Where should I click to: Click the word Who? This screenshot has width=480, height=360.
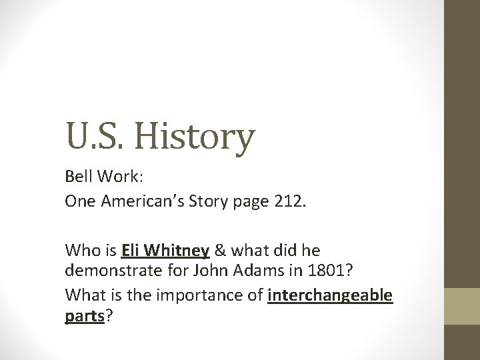(80, 252)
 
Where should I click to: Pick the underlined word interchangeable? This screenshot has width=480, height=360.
(330, 294)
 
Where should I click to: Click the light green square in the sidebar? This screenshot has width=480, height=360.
(461, 306)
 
